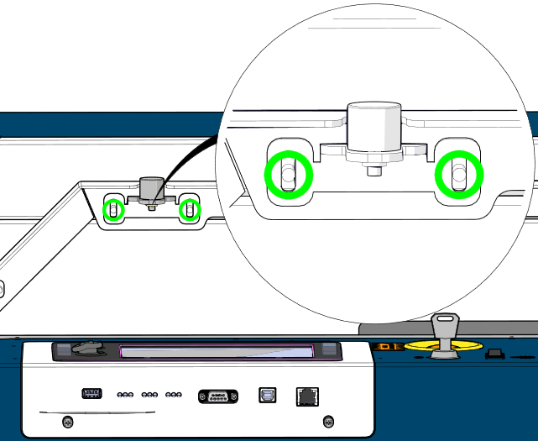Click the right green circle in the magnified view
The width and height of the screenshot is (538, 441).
point(458,175)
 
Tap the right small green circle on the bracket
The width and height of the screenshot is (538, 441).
point(191,210)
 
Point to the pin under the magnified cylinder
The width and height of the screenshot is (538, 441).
point(372,171)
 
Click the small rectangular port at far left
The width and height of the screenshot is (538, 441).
point(92,394)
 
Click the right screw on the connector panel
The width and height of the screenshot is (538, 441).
point(329,420)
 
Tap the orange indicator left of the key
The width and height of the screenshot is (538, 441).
point(389,345)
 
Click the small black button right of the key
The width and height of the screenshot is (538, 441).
point(495,353)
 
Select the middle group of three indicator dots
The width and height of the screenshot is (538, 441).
point(151,394)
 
